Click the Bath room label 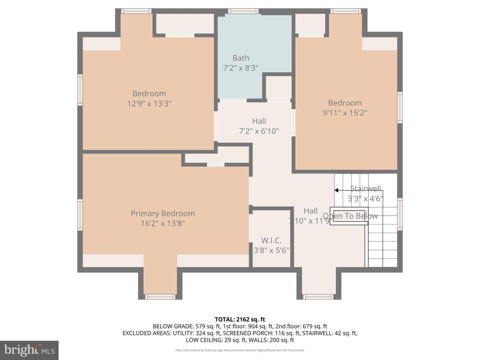coord(240,58)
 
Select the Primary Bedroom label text coord(163,213)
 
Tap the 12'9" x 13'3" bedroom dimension coord(149,103)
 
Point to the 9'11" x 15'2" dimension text coord(345,113)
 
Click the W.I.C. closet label coord(271,240)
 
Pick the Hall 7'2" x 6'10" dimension coord(259,131)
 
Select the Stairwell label coord(365,189)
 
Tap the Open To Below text coord(350,216)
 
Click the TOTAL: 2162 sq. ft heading coord(240,319)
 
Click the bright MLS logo coord(29,350)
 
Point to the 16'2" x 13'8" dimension coord(163,223)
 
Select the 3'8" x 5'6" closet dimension coord(271,250)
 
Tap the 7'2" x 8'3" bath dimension coord(240,68)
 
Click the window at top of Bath coord(243,11)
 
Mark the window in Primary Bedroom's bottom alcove coord(160,297)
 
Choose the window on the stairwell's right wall coord(400,209)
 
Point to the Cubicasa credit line coord(240,350)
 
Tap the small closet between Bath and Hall coord(279,87)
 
